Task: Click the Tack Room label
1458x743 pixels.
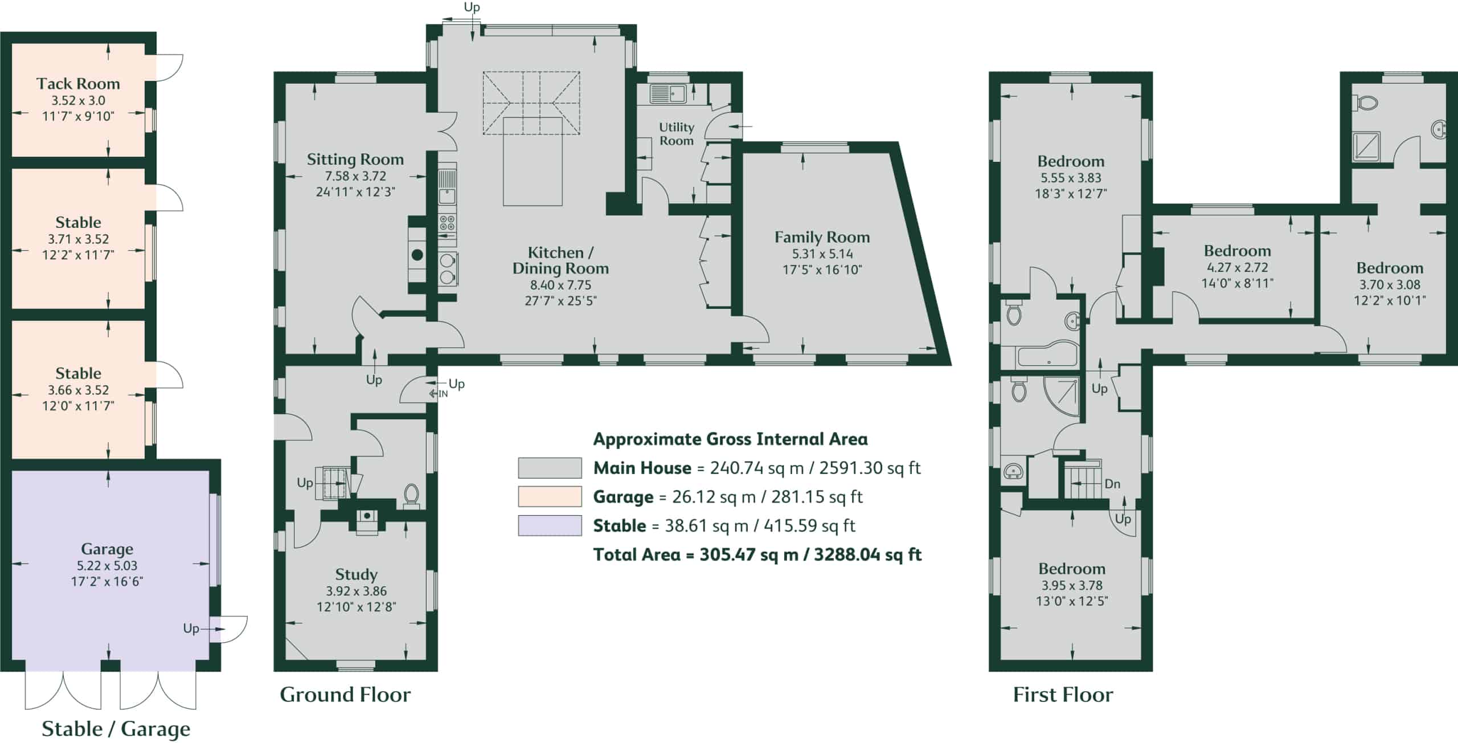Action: pyautogui.click(x=78, y=84)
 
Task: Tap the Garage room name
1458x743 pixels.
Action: pyautogui.click(x=107, y=549)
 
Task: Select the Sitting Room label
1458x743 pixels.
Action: pyautogui.click(x=355, y=159)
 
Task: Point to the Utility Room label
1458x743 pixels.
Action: pyautogui.click(x=677, y=134)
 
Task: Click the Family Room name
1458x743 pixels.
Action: pyautogui.click(x=822, y=237)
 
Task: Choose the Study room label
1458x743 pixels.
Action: pyautogui.click(x=356, y=574)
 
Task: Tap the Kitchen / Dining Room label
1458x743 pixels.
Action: pyautogui.click(x=560, y=260)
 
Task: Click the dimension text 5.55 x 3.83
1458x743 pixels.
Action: pyautogui.click(x=1071, y=178)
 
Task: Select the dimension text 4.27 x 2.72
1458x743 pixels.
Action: pyautogui.click(x=1237, y=267)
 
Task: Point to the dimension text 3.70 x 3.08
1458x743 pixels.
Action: pyautogui.click(x=1390, y=284)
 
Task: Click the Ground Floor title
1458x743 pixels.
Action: pyautogui.click(x=345, y=695)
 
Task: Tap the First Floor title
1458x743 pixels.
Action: pyautogui.click(x=1063, y=695)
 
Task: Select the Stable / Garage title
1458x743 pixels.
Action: pyautogui.click(x=116, y=729)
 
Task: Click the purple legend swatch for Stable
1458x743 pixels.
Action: pyautogui.click(x=550, y=525)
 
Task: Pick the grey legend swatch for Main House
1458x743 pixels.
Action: pyautogui.click(x=550, y=468)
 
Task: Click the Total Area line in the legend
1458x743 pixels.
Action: pyautogui.click(x=757, y=554)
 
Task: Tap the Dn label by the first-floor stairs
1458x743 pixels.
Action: pyautogui.click(x=1112, y=484)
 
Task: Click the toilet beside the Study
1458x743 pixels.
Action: pyautogui.click(x=411, y=496)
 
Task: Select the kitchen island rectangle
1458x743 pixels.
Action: pyautogui.click(x=533, y=161)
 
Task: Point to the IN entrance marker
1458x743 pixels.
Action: pyautogui.click(x=439, y=393)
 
